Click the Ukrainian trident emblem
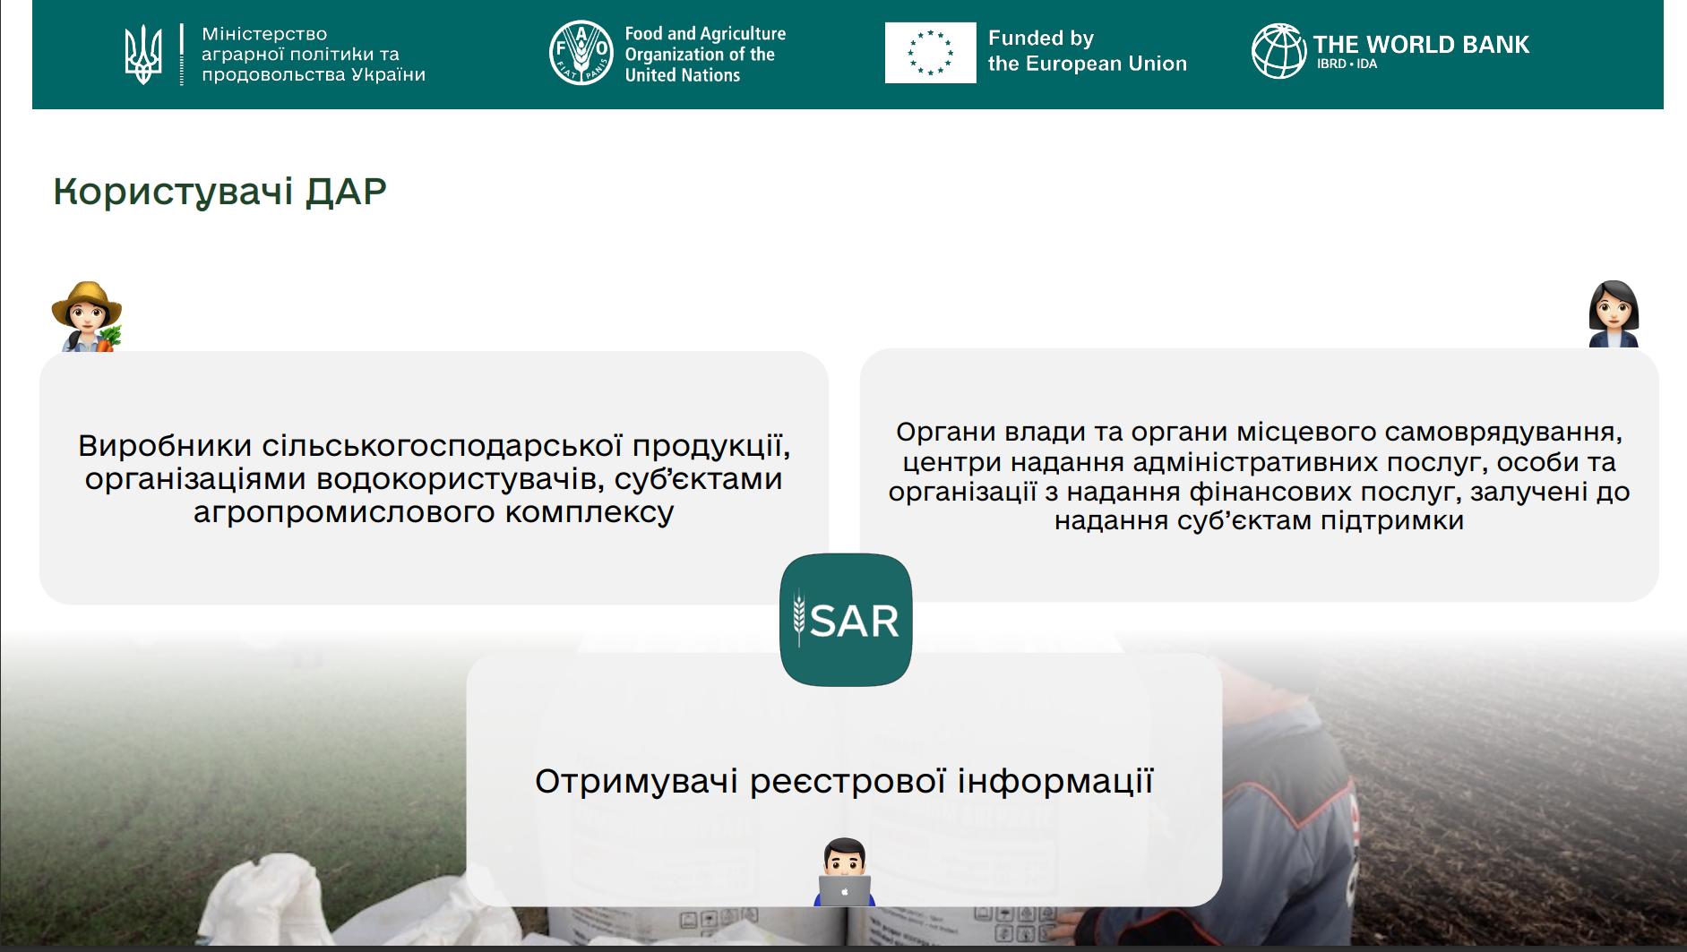click(143, 55)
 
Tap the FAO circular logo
click(581, 53)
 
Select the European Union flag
click(930, 53)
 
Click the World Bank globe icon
click(1279, 51)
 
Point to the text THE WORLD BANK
click(1421, 44)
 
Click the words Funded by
click(1041, 39)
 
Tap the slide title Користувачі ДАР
click(219, 191)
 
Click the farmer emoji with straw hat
click(86, 316)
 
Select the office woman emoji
click(1614, 313)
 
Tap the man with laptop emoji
click(844, 872)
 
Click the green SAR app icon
click(846, 620)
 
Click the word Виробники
click(165, 445)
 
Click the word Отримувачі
click(637, 781)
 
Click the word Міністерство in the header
click(264, 34)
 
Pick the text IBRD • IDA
click(1347, 64)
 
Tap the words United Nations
click(683, 75)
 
